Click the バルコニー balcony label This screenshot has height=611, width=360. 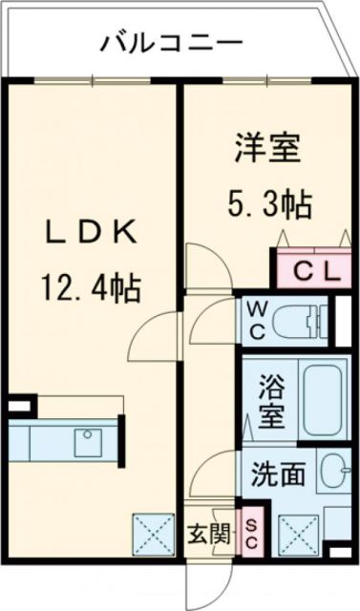171,43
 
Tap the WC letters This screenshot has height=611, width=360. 257,320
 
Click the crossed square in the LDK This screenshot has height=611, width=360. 150,532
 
